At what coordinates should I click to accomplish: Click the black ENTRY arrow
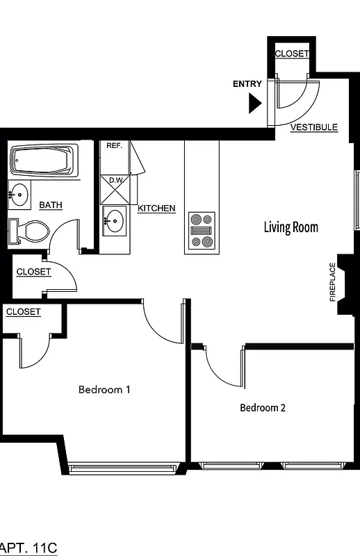pyautogui.click(x=254, y=104)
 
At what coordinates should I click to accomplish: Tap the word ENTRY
pyautogui.click(x=247, y=84)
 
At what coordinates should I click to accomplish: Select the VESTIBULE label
pyautogui.click(x=314, y=127)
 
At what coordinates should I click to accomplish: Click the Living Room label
pyautogui.click(x=291, y=227)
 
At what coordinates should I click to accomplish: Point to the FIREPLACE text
pyautogui.click(x=332, y=282)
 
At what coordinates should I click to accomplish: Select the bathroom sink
pyautogui.click(x=19, y=194)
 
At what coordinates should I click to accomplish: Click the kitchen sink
pyautogui.click(x=114, y=222)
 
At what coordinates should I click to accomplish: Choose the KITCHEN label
pyautogui.click(x=156, y=208)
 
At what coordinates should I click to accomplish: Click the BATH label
pyautogui.click(x=51, y=205)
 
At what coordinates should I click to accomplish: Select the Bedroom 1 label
pyautogui.click(x=104, y=389)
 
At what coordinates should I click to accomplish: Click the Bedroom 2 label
pyautogui.click(x=263, y=408)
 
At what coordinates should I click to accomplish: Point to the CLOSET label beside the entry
pyautogui.click(x=292, y=54)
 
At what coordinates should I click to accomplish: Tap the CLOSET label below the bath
pyautogui.click(x=33, y=272)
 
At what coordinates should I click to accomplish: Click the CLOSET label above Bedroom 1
pyautogui.click(x=24, y=312)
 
